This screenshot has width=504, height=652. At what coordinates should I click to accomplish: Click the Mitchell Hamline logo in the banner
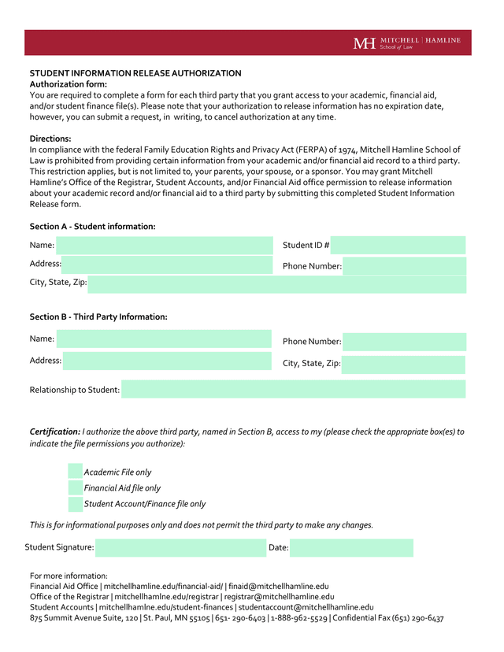[x=406, y=43]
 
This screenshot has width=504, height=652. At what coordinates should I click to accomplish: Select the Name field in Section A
[x=164, y=246]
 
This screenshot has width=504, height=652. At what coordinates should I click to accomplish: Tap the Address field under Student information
[x=167, y=265]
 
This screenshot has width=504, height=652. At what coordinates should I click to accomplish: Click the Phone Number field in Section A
[x=404, y=266]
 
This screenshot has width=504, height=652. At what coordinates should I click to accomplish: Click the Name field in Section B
[x=164, y=339]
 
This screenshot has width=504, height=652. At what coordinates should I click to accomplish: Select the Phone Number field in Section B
[x=404, y=342]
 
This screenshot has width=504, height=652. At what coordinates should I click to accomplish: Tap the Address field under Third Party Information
[x=167, y=361]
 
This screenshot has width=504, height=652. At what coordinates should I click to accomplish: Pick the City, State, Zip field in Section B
[x=404, y=364]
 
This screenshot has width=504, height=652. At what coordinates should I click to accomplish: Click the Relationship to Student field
[x=293, y=390]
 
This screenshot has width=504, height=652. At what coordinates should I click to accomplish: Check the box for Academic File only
[x=76, y=472]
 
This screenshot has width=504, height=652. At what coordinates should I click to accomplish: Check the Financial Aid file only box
[x=76, y=488]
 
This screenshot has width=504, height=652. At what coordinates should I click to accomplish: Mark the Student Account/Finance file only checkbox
[x=76, y=504]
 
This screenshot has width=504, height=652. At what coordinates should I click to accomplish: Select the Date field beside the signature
[x=351, y=547]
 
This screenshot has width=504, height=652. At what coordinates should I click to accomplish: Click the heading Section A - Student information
[x=92, y=227]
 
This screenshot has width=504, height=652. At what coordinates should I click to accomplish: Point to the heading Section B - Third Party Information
[x=98, y=317]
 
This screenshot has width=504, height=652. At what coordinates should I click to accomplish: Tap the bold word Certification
[x=54, y=432]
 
